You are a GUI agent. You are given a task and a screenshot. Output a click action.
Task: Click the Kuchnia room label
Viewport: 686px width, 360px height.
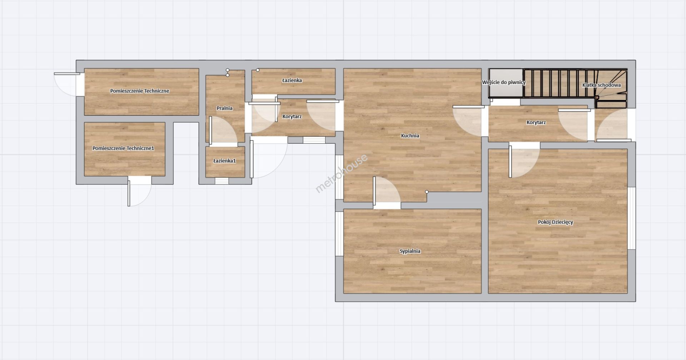[x=410, y=136]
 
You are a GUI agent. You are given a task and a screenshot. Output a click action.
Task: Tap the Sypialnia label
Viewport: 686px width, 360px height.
[x=410, y=251]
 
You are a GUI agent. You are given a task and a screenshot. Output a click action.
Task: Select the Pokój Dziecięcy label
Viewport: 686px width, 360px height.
[x=555, y=222]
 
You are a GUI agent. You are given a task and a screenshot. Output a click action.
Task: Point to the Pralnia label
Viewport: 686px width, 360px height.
[x=224, y=108]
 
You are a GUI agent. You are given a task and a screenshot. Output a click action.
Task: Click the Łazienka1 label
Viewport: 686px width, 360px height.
[x=224, y=161]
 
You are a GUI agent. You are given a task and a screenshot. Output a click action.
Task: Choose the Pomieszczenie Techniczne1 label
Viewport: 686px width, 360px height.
[x=123, y=148]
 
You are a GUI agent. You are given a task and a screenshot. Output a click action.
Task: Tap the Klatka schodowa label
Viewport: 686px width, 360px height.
[x=601, y=85]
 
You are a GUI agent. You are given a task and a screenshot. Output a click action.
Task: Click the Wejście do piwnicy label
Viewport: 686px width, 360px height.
[x=504, y=83]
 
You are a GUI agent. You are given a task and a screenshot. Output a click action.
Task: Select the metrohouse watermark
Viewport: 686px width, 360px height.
[x=342, y=173]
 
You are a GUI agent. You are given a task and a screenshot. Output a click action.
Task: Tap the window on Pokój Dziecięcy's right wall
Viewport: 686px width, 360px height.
[x=631, y=218]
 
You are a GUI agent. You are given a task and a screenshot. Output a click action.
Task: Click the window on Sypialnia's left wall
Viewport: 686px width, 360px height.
[x=339, y=234]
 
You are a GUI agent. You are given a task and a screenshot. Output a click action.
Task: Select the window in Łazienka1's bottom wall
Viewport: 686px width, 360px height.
[x=222, y=181]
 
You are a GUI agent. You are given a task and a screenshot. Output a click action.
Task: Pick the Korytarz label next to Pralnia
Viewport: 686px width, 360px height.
[x=292, y=117]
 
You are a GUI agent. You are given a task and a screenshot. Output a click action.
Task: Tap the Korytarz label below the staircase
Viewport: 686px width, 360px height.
[x=536, y=123]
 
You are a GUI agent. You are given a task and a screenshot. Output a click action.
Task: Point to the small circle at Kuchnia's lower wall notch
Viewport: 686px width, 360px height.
[x=427, y=192]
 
